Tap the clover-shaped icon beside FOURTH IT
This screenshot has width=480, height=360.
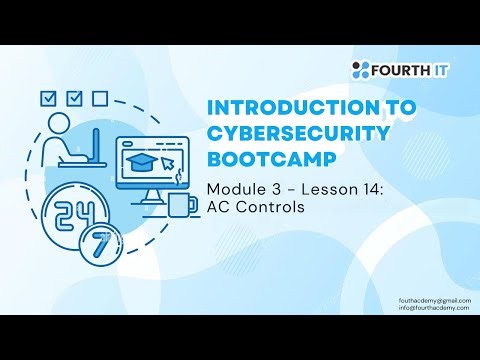(361, 70)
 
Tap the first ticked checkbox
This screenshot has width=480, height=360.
(45, 99)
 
